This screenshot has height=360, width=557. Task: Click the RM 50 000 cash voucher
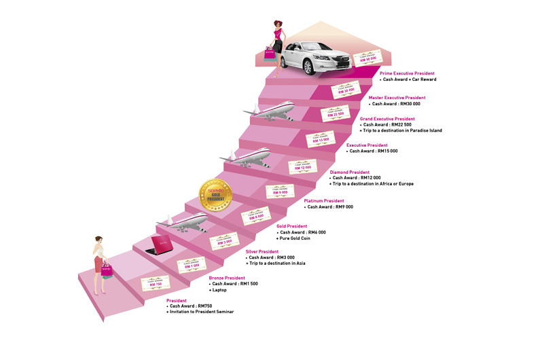pos(369,58)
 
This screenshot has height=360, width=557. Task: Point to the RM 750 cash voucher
pos(156,283)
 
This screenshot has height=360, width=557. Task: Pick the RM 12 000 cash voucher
pos(303,166)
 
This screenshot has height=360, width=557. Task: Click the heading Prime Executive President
pos(407,73)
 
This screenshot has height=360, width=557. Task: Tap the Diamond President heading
pos(350,172)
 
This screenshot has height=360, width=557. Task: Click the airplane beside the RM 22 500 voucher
pos(270,110)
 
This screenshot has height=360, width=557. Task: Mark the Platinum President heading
pos(324,201)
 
